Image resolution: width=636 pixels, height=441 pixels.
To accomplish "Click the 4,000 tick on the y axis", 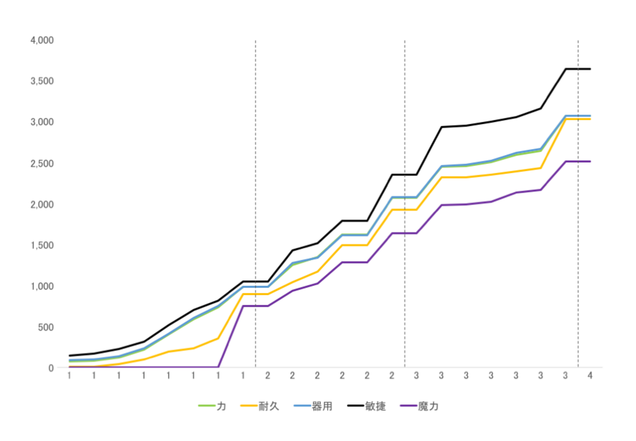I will (42, 40).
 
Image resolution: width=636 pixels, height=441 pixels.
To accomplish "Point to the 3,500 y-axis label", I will (42, 81).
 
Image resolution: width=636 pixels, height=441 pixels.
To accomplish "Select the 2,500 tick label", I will (42, 163).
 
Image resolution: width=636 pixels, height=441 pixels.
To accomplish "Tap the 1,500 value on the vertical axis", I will (42, 245).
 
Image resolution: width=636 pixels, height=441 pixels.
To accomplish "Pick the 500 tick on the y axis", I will (45, 327).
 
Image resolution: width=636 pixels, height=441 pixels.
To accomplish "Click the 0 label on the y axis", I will (51, 368).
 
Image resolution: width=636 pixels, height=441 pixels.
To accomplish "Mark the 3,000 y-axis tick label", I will (42, 122).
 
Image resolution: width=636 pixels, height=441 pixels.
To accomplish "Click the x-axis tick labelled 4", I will (590, 376).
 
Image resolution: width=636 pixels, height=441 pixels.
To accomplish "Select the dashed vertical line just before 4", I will (578, 220).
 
